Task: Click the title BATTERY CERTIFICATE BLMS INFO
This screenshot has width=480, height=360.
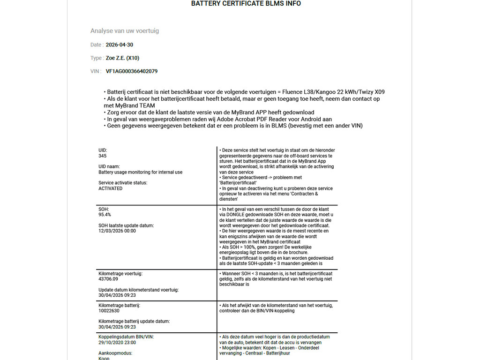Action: (246, 4)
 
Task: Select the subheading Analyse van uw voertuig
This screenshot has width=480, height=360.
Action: (125, 31)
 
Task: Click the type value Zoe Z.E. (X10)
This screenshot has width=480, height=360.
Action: (122, 58)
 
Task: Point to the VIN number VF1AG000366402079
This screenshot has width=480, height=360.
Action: (132, 72)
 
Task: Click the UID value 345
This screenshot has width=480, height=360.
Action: (103, 156)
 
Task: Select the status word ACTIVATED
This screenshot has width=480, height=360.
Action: (111, 188)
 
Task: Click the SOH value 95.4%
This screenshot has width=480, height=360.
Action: (105, 215)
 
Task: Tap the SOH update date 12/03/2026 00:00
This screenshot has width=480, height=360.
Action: (117, 231)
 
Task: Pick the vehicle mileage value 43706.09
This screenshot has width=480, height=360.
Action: (108, 279)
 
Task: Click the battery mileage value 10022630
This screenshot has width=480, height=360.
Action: (109, 311)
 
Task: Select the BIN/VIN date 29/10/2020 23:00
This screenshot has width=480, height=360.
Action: (117, 343)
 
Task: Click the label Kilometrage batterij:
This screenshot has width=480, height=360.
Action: (119, 305)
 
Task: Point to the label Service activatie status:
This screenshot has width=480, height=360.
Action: (123, 183)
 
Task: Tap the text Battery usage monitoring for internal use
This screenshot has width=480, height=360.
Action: (141, 172)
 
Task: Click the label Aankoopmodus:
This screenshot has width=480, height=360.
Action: (115, 353)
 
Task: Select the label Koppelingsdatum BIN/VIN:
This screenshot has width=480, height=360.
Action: (126, 337)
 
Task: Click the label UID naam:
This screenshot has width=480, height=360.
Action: (109, 166)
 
